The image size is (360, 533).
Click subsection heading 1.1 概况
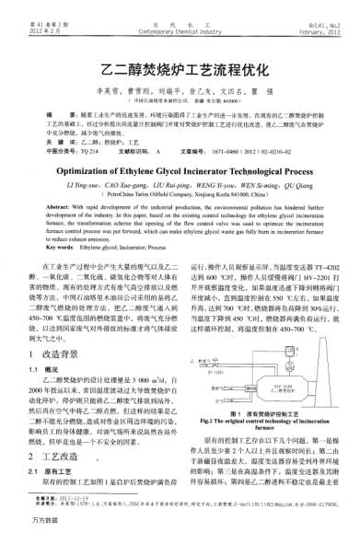[x=51, y=343]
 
